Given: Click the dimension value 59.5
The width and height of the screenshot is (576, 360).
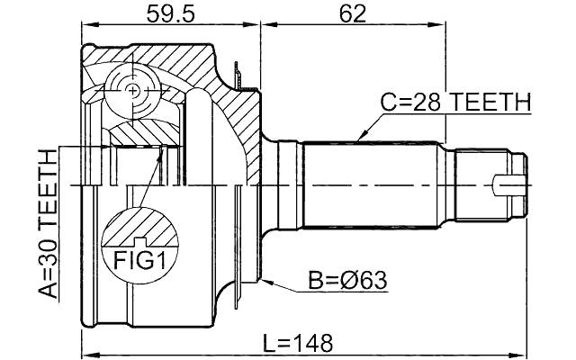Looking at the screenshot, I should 170,13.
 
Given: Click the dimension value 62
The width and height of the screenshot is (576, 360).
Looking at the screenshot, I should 352,13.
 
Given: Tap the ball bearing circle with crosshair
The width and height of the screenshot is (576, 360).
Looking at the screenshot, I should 132,90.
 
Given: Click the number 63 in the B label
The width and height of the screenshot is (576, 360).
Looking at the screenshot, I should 371,281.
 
